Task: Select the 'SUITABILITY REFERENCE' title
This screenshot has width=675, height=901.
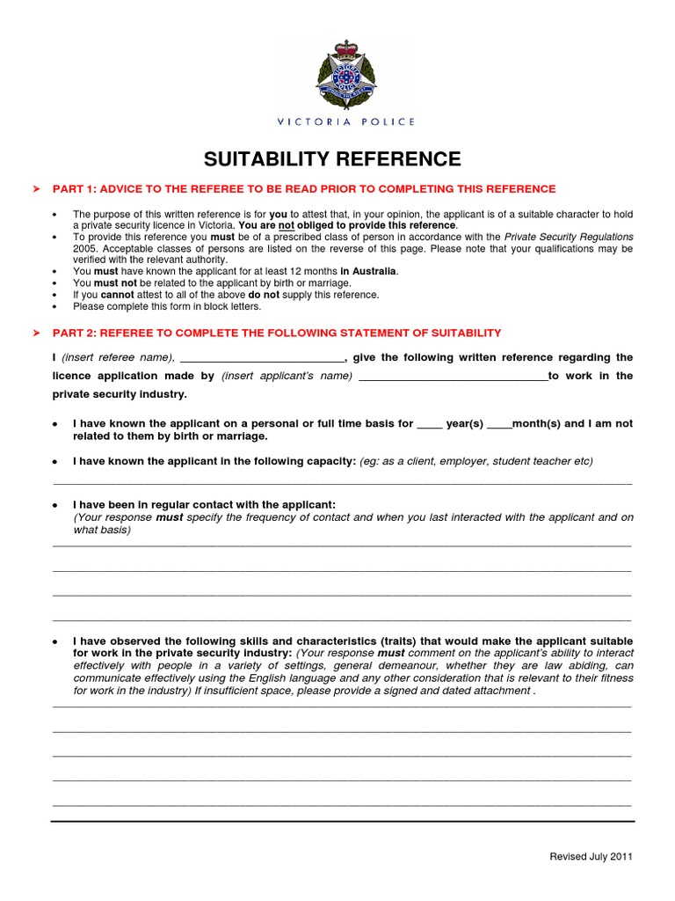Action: [332, 159]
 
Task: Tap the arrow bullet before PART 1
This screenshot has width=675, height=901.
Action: [36, 189]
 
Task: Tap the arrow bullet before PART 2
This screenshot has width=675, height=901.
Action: [36, 333]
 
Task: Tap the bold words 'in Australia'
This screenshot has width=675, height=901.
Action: [369, 272]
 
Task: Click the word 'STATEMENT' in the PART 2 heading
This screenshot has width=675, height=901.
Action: [350, 333]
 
